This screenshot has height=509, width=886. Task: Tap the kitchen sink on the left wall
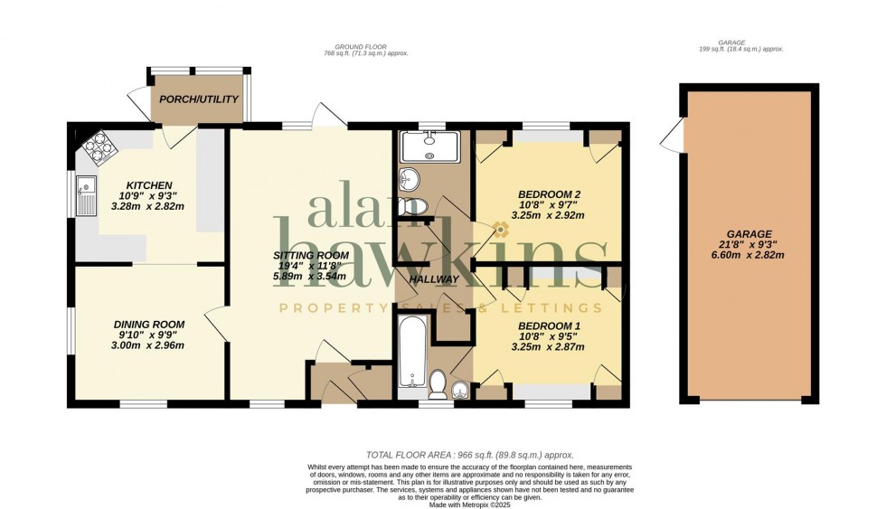[x=88, y=197]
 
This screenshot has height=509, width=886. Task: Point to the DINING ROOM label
[x=148, y=324]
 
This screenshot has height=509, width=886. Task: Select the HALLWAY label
[x=435, y=279]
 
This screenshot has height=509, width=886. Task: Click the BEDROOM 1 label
[x=545, y=325]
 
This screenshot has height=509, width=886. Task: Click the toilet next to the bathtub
[x=437, y=384]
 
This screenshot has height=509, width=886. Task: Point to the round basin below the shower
[x=409, y=176]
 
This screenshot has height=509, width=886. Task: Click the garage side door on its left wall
[x=671, y=138]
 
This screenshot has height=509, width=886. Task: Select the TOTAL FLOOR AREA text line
[x=469, y=455]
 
